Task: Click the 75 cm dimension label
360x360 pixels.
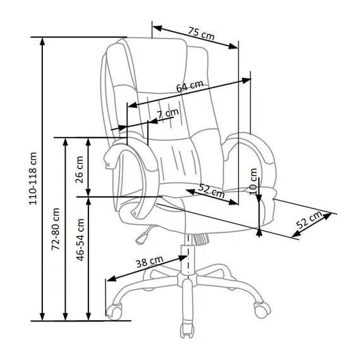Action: [201, 33]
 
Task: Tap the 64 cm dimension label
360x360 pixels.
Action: [190, 86]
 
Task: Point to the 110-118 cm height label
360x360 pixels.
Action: [33, 178]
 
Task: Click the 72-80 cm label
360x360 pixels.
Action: [56, 229]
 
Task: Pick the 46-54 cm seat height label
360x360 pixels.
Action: [80, 240]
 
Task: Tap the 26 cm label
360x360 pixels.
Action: [80, 169]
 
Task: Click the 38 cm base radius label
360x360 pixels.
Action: [150, 261]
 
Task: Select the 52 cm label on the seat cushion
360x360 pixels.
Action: [211, 191]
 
